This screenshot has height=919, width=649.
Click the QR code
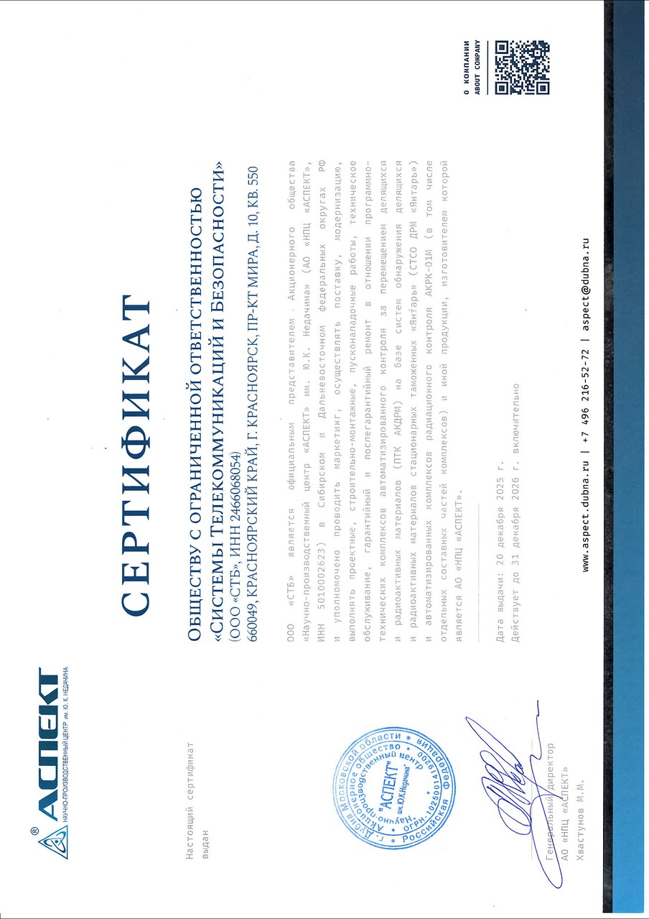click(522, 68)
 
